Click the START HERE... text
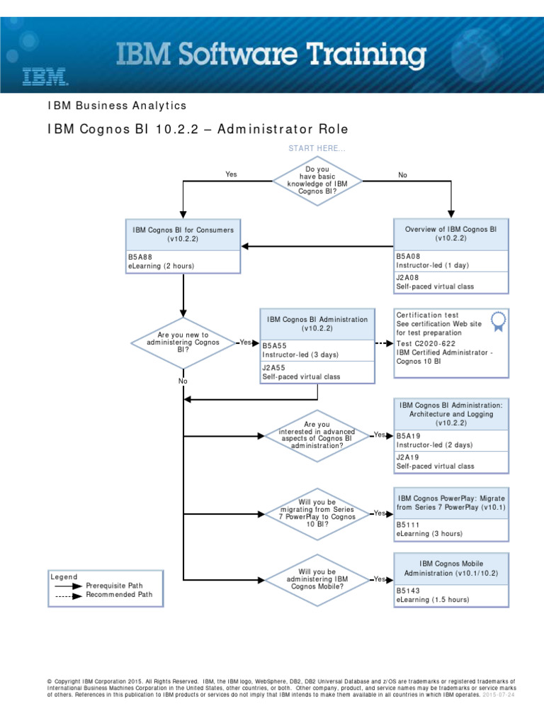tap(317, 148)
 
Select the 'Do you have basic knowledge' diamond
tap(317, 181)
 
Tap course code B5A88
tap(140, 257)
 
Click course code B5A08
tap(409, 256)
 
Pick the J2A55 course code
tap(275, 368)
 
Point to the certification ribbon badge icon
tap(498, 321)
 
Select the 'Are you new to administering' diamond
tap(183, 343)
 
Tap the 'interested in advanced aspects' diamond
tap(317, 435)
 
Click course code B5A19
tap(409, 435)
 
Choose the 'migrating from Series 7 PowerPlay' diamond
tap(317, 513)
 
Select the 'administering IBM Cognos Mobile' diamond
tap(317, 579)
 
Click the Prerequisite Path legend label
tap(114, 586)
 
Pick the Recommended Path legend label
tap(119, 595)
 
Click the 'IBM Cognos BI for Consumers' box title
tap(183, 235)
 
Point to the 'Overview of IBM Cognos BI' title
tap(450, 235)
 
